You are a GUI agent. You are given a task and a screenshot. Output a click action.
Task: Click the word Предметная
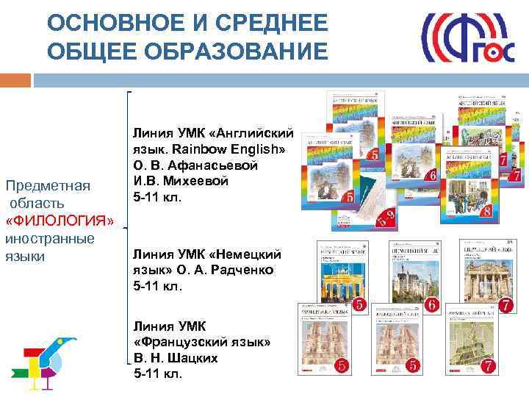tap(47, 185)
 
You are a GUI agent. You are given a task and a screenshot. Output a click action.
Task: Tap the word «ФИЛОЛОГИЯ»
tap(60, 221)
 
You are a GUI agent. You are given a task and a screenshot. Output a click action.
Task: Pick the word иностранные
tap(49, 238)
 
